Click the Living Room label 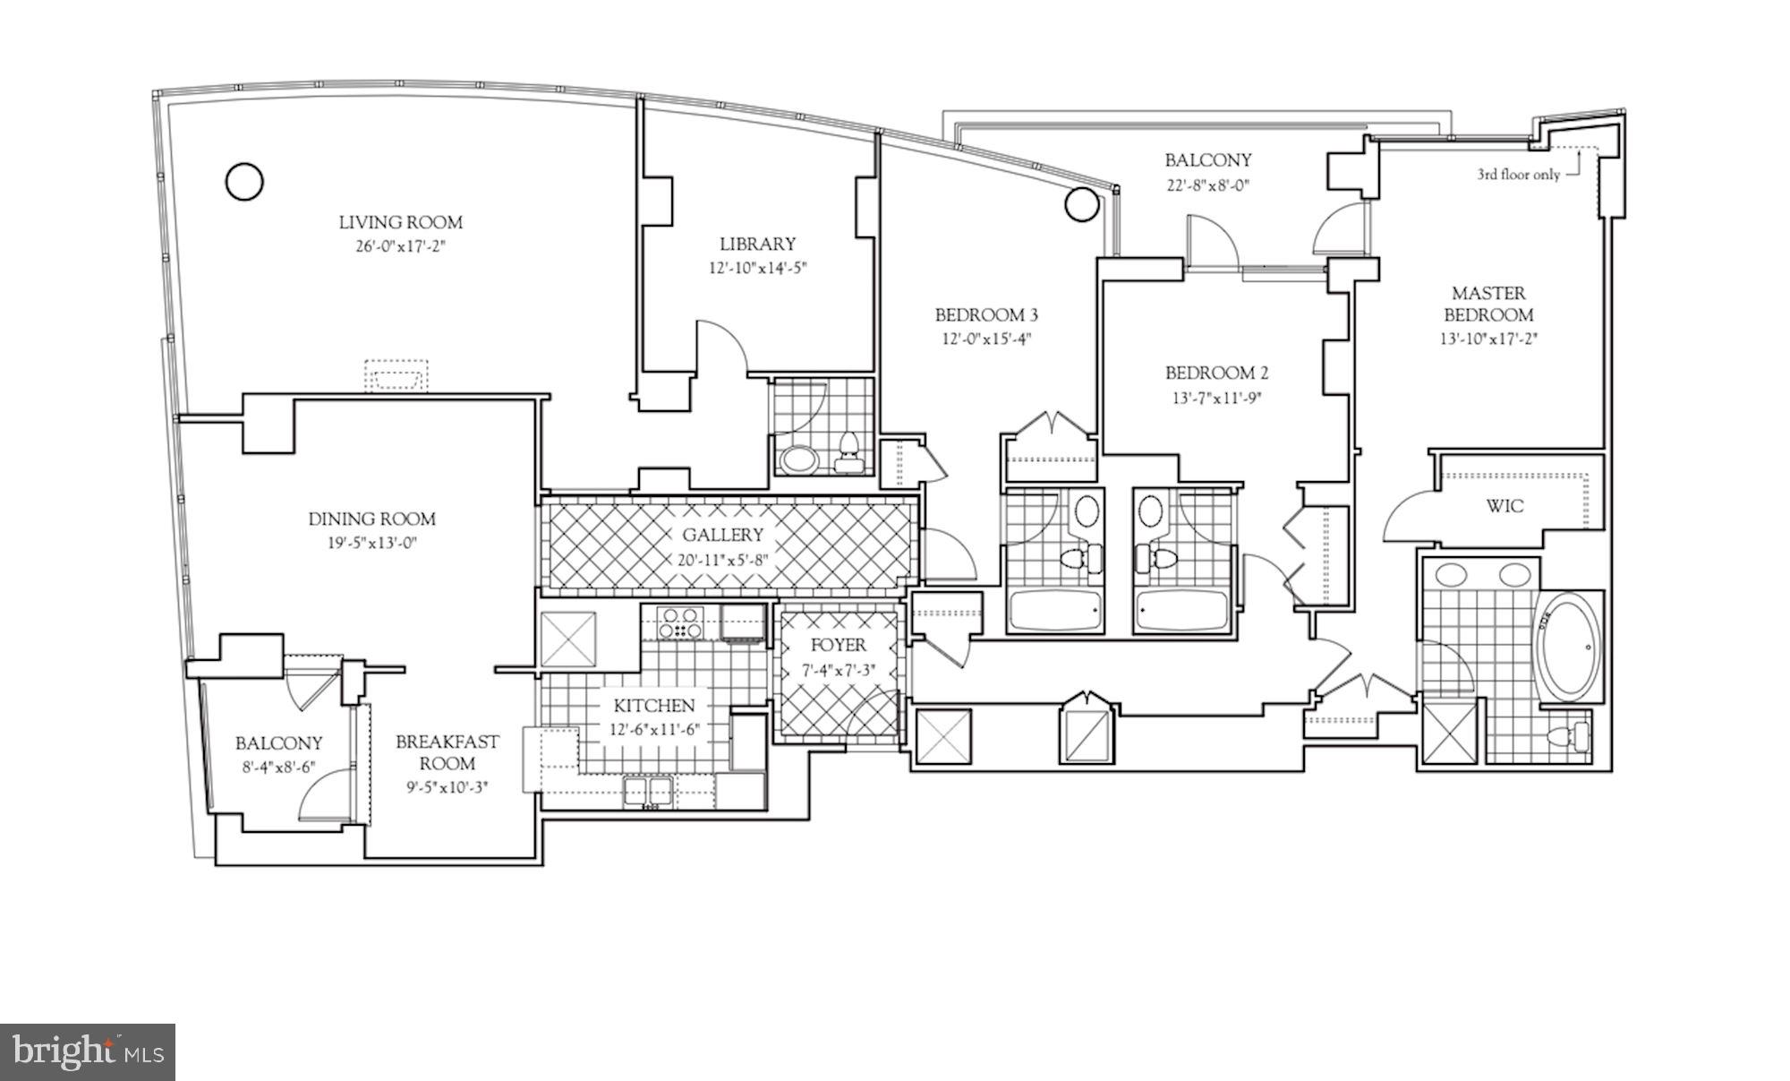400,222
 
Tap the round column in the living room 243,182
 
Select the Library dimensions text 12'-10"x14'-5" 758,267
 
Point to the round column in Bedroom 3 1081,204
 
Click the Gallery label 722,535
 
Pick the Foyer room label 838,645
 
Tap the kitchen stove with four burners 680,622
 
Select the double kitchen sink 649,791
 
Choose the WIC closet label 1504,506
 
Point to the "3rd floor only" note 1518,175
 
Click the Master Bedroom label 1488,304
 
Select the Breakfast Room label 447,752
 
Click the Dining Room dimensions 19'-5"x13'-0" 371,542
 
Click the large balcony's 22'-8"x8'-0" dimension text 1207,185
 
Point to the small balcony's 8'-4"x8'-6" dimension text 278,767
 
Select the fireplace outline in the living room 396,375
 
